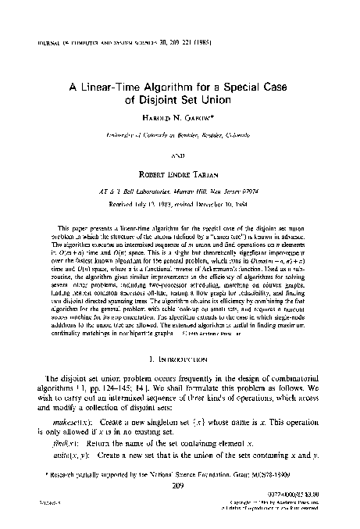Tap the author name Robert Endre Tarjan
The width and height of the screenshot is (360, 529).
(180, 167)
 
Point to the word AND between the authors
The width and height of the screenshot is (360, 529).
(180, 151)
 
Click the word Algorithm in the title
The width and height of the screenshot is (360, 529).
(172, 88)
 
